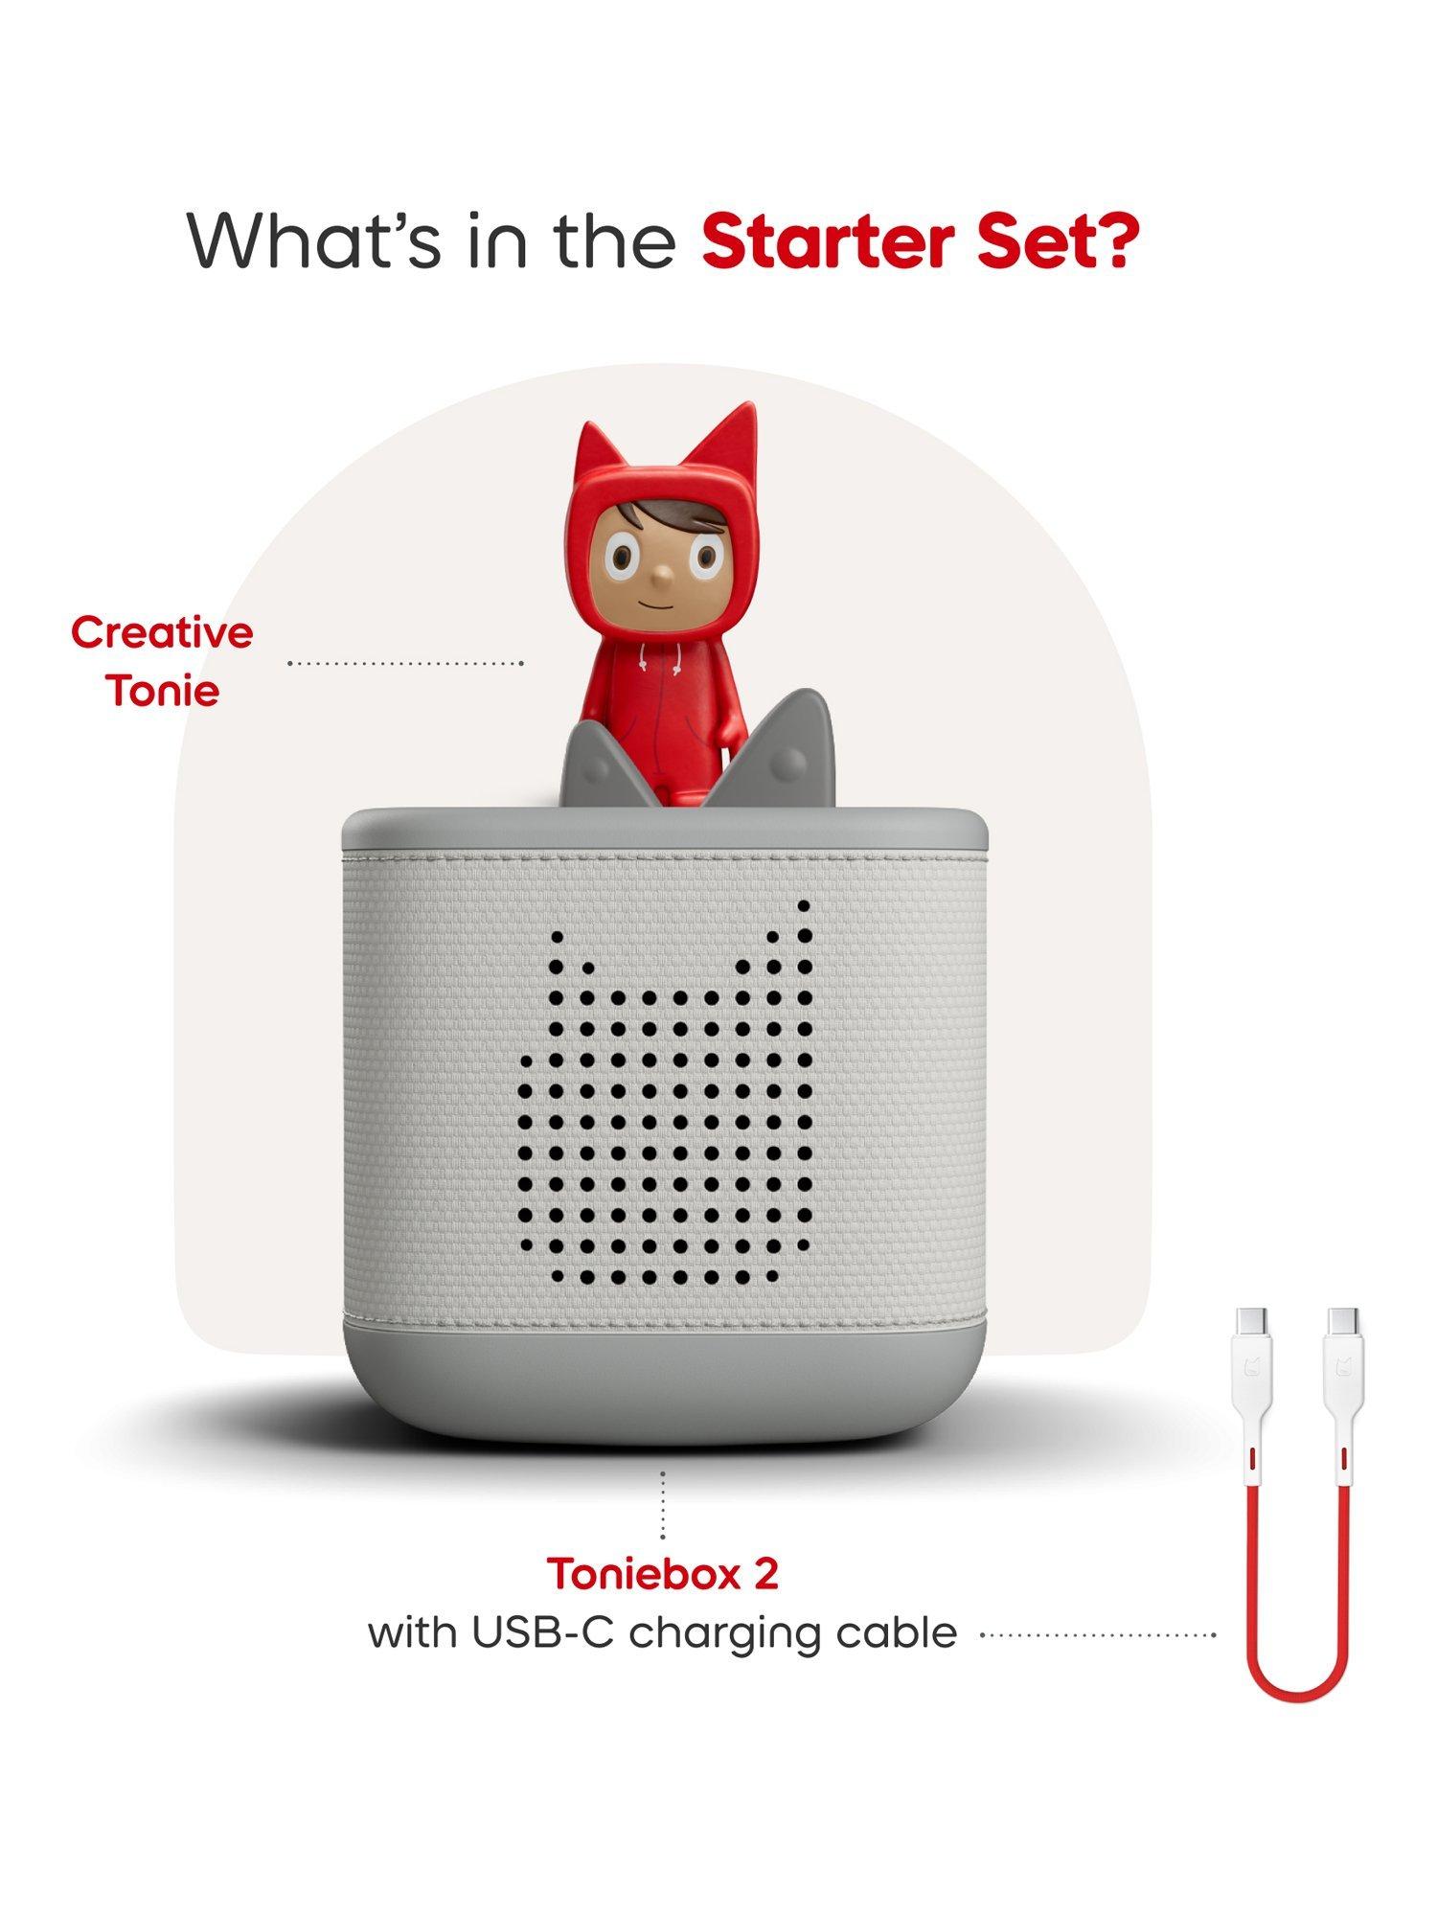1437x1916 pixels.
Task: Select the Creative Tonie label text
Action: pyautogui.click(x=162, y=661)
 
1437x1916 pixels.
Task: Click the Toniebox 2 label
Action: pyautogui.click(x=662, y=1573)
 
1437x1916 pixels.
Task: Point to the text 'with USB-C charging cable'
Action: pyautogui.click(x=662, y=1632)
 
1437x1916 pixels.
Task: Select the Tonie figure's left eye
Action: pyautogui.click(x=623, y=557)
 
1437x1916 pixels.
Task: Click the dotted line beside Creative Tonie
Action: pyautogui.click(x=405, y=663)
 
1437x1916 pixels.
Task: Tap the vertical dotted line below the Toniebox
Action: pyautogui.click(x=662, y=1505)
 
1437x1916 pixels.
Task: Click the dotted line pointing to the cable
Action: pyautogui.click(x=1098, y=1634)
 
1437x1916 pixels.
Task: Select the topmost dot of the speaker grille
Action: pyautogui.click(x=804, y=905)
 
